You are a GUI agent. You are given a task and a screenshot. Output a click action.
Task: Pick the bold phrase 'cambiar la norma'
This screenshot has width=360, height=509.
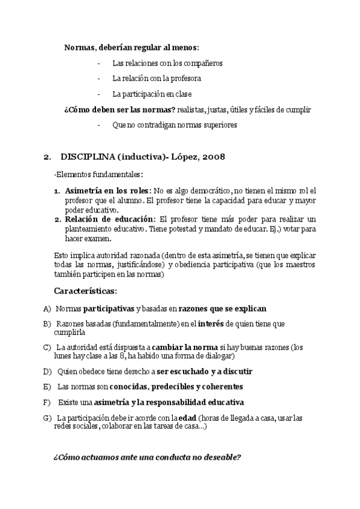pyautogui.click(x=189, y=348)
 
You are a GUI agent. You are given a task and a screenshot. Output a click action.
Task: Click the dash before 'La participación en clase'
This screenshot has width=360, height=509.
pyautogui.click(x=98, y=94)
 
